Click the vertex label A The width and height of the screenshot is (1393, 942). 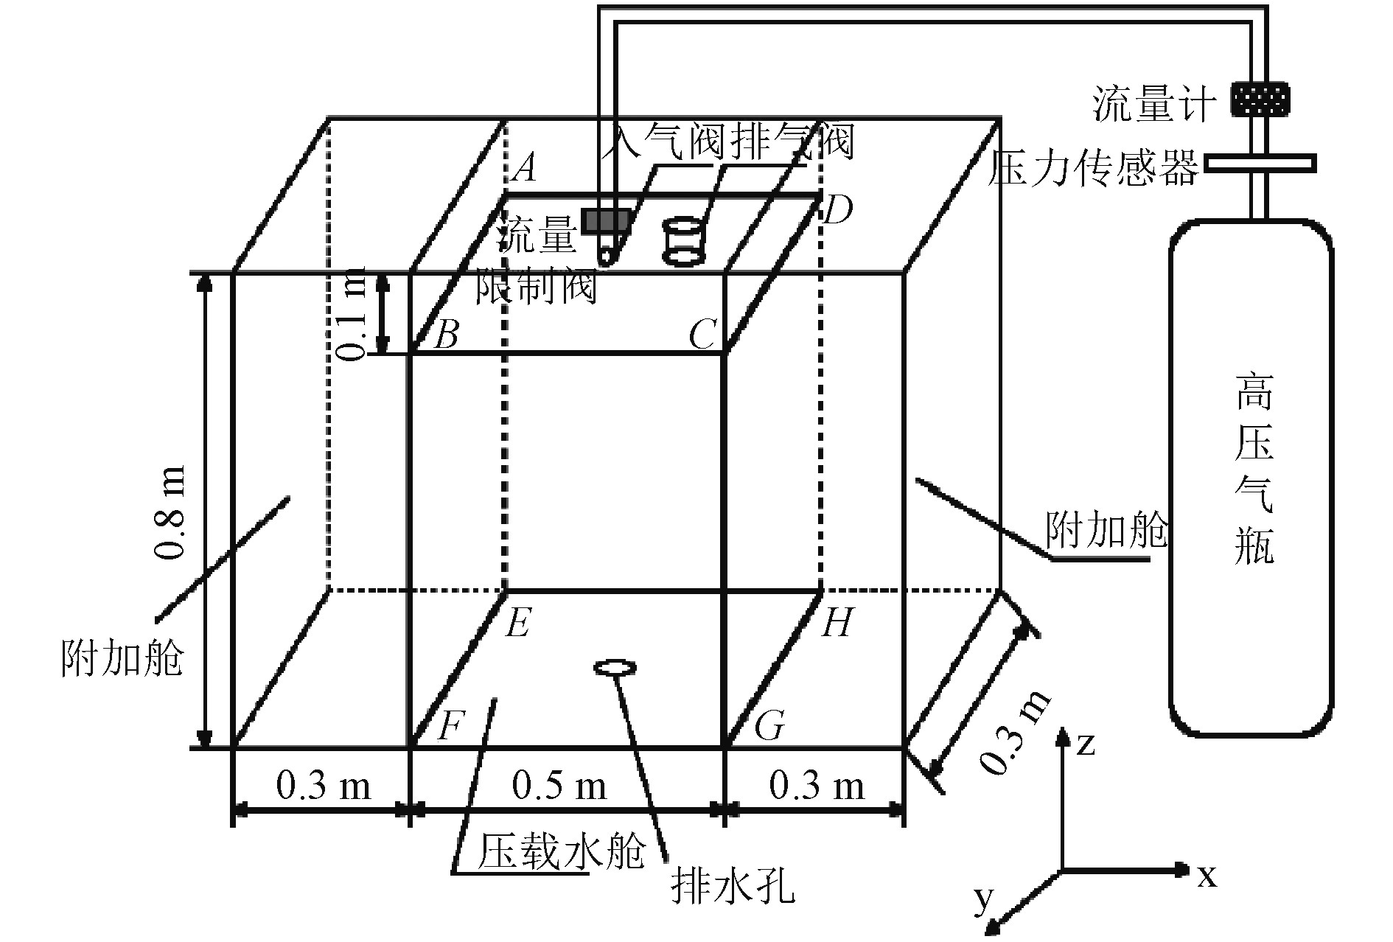(x=524, y=169)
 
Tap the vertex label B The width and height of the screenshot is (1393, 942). (x=446, y=335)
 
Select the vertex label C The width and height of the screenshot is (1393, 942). (x=702, y=336)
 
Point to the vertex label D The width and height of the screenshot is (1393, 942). (x=837, y=211)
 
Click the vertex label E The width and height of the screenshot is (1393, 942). (x=517, y=624)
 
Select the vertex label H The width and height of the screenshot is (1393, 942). (x=836, y=624)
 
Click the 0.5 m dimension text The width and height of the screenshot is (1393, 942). (x=559, y=786)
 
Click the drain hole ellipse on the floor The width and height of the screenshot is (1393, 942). (x=615, y=668)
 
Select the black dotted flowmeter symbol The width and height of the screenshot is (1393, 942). (x=1261, y=99)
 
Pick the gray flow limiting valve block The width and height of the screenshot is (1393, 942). (x=607, y=220)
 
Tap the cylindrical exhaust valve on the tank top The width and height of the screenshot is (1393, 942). (x=683, y=241)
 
